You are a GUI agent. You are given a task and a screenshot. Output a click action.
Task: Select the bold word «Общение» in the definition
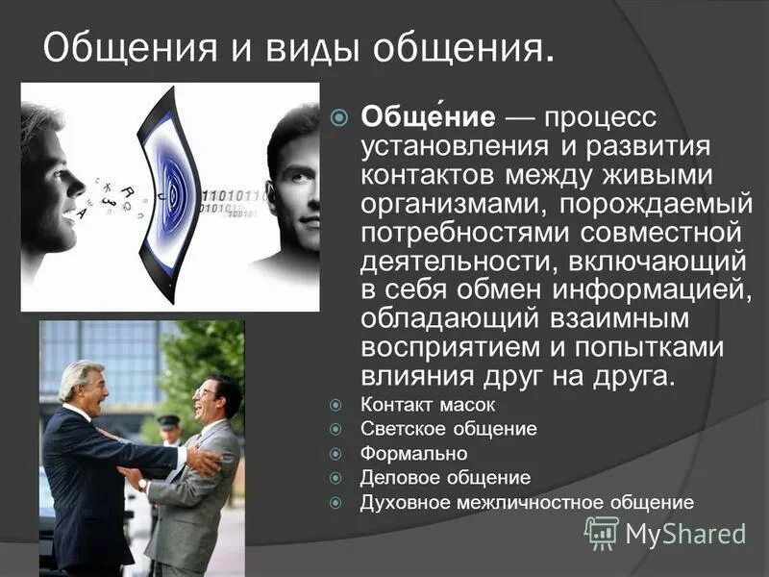[428, 117]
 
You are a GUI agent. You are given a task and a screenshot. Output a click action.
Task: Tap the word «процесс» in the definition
[601, 117]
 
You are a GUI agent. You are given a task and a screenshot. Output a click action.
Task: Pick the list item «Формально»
[413, 453]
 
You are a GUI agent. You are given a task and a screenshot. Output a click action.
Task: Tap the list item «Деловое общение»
[445, 477]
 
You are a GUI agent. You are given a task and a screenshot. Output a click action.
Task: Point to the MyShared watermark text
[685, 534]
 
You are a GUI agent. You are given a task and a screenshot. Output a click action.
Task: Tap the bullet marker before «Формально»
[336, 454]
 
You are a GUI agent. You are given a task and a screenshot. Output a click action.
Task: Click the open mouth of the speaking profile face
[71, 217]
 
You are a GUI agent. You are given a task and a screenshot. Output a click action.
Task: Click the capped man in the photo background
[169, 429]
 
